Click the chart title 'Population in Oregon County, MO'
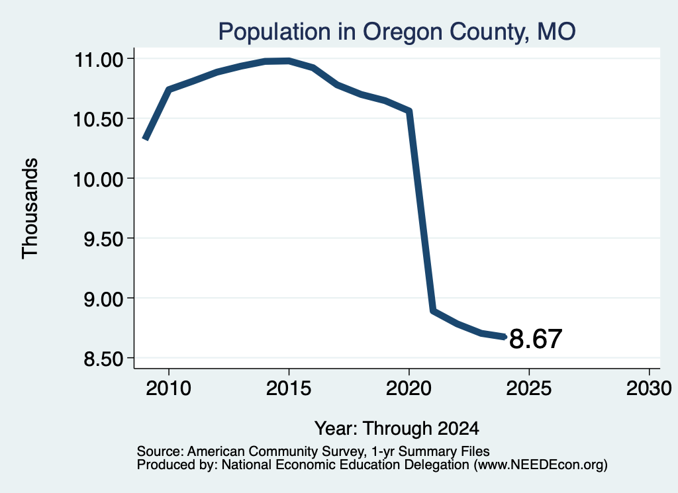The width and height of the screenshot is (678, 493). (x=397, y=32)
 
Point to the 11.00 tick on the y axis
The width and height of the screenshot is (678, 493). (x=99, y=60)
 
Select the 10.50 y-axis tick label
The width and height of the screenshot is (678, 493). (x=99, y=119)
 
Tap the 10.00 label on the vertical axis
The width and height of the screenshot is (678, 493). (x=99, y=179)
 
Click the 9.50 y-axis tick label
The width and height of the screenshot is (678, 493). (x=104, y=239)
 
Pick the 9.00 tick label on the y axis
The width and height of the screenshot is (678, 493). (x=104, y=298)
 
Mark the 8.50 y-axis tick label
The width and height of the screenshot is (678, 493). (x=104, y=359)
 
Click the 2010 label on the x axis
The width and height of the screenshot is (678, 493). (x=168, y=388)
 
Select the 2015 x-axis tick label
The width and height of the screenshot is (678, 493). (x=289, y=388)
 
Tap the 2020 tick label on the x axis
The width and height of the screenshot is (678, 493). (x=409, y=388)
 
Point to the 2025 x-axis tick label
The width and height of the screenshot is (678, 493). (x=529, y=388)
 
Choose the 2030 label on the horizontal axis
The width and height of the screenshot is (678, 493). (x=649, y=388)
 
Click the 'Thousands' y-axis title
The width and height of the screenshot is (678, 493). (x=30, y=208)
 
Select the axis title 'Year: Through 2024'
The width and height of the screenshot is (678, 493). (x=397, y=428)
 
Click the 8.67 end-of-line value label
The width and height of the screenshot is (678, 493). (x=535, y=339)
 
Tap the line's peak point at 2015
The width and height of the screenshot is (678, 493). (x=289, y=61)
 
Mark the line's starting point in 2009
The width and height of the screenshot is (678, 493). (x=145, y=139)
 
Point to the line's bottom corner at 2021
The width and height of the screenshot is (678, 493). (x=432, y=310)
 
